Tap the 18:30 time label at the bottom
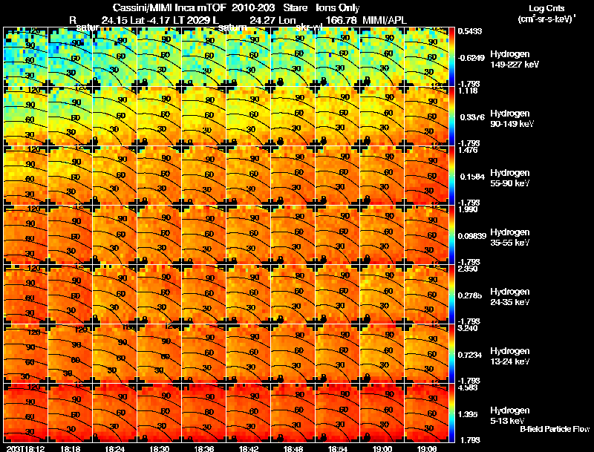(x=160, y=448)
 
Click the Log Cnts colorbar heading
(x=546, y=8)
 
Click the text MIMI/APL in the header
(x=384, y=19)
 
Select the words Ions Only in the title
(x=338, y=7)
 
